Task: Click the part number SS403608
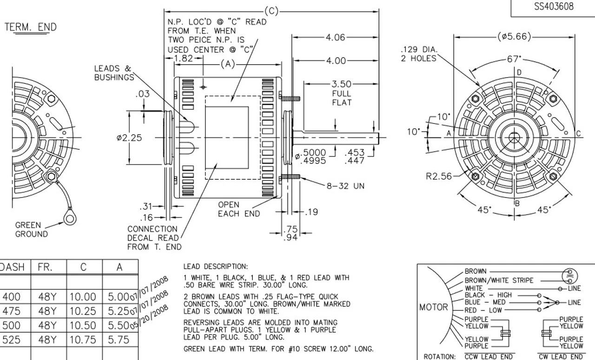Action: coord(553,7)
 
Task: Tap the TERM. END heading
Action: coord(31,27)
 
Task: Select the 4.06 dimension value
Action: coord(335,38)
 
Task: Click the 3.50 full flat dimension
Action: coord(341,84)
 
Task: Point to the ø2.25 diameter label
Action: coord(129,138)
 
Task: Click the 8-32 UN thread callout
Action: coord(345,186)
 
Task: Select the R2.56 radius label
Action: coord(438,176)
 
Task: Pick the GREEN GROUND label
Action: coord(31,229)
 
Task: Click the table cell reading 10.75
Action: coord(84,340)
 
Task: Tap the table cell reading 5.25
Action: coord(119,311)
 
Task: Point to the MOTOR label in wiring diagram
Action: coord(434,307)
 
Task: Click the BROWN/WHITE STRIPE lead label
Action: coord(499,280)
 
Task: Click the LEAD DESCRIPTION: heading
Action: coord(216,267)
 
